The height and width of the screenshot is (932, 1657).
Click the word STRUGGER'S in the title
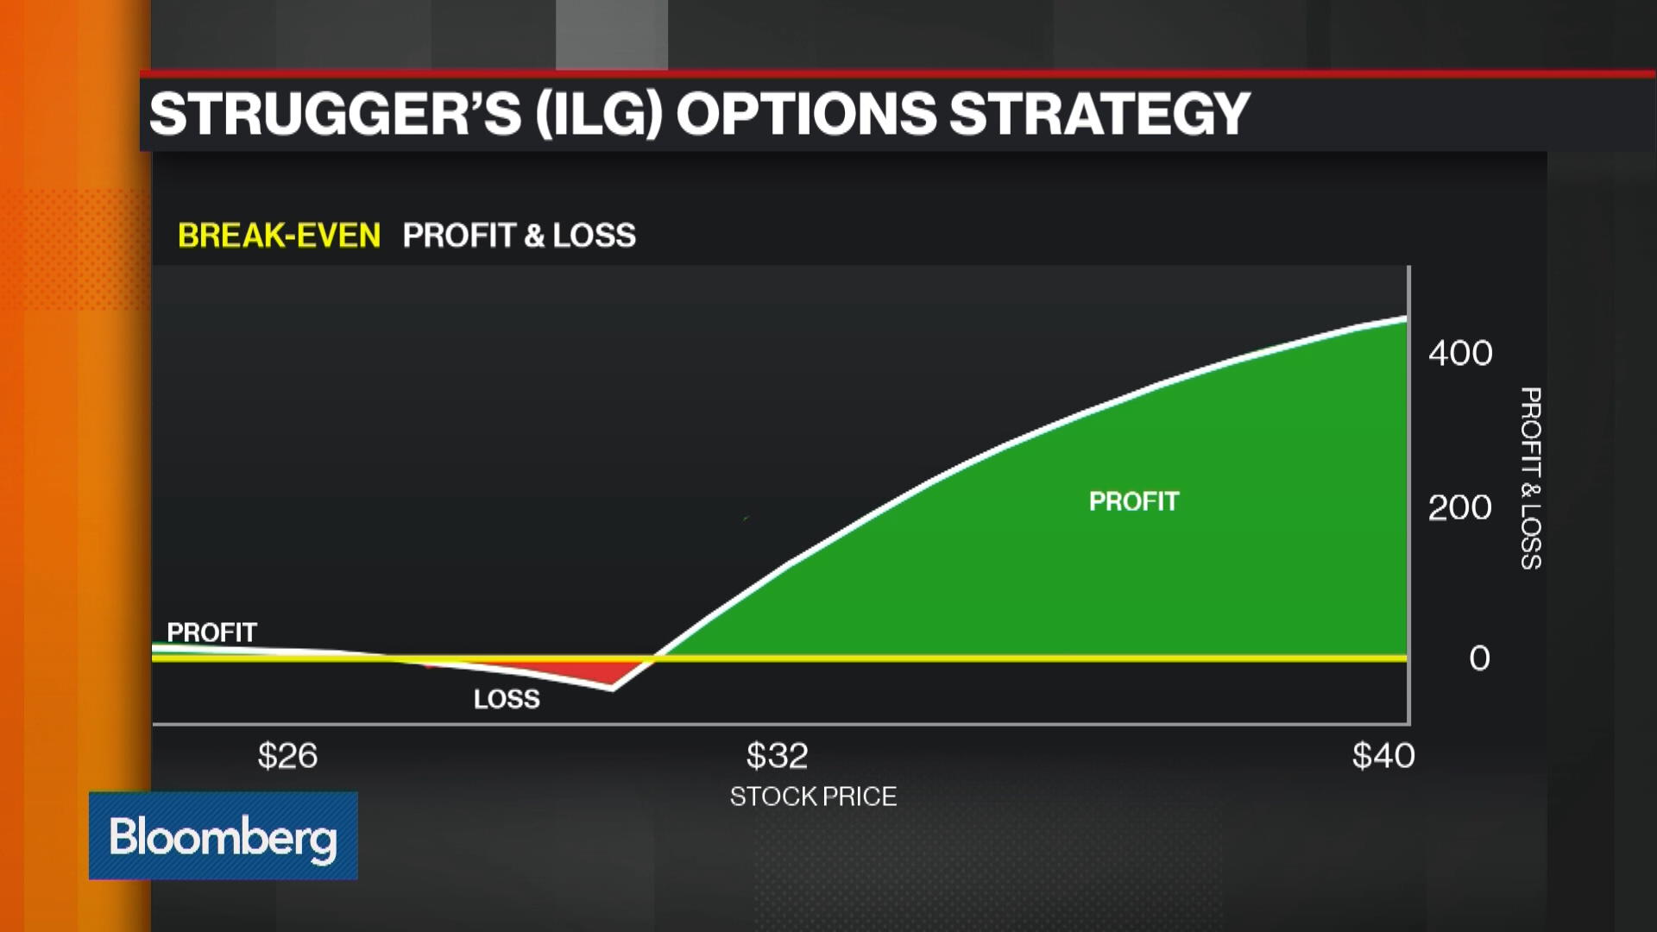point(335,114)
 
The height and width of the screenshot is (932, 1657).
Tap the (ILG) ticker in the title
point(599,114)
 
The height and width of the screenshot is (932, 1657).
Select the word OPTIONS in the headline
point(806,114)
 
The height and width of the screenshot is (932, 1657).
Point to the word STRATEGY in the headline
point(1099,114)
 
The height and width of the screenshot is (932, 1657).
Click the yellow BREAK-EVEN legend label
point(279,236)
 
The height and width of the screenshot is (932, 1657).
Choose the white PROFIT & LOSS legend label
point(519,236)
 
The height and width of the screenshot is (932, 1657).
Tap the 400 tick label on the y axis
point(1459,353)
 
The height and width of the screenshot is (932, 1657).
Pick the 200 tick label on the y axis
point(1459,507)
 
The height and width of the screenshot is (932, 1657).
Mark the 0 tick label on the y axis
point(1479,658)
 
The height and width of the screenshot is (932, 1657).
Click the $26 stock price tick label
point(287,756)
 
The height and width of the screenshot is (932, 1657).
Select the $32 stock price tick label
point(777,756)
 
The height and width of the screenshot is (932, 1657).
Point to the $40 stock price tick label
point(1383,756)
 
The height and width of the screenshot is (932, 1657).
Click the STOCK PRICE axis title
point(813,796)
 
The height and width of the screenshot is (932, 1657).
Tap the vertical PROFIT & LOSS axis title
point(1530,478)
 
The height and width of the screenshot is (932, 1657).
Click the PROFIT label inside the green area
point(1133,501)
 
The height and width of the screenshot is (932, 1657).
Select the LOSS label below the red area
point(507,699)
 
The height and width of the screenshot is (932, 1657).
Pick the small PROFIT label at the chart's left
point(211,633)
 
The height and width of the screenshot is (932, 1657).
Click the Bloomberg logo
point(224,835)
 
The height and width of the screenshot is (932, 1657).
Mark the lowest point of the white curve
point(612,688)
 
